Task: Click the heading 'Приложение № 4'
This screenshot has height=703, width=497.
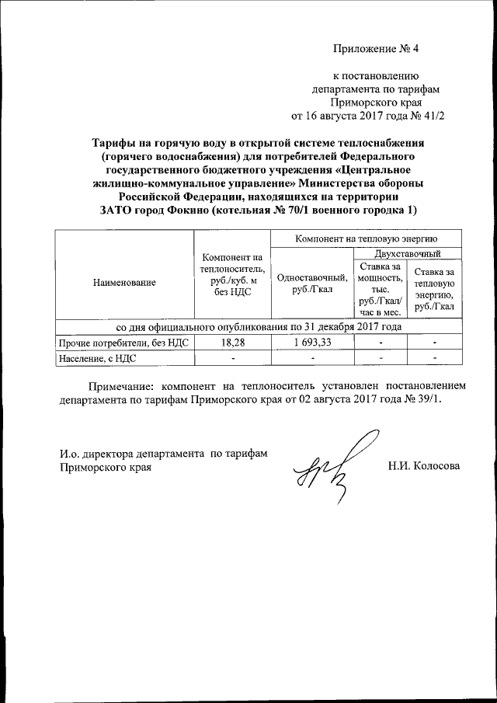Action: (376, 48)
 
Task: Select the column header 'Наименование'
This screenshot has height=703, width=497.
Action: (123, 283)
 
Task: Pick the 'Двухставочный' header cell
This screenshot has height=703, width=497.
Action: (408, 253)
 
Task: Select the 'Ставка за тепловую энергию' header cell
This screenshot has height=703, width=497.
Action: (435, 289)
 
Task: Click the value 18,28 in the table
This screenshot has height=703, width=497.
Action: (232, 342)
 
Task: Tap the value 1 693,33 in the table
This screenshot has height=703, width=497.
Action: (312, 342)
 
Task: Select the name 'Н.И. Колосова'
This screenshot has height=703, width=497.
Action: (424, 466)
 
